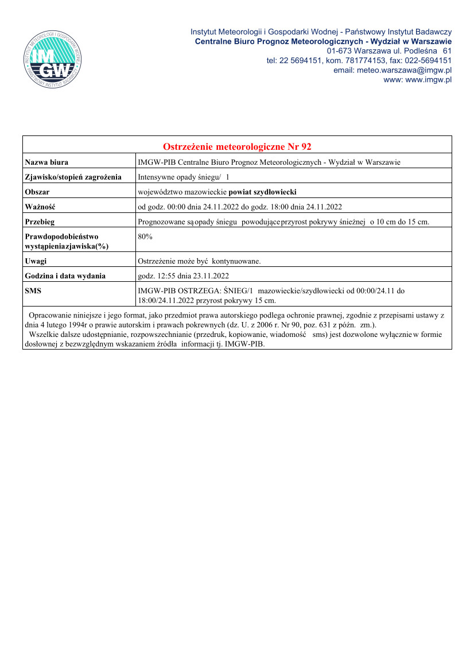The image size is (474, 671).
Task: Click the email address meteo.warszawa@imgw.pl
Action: click(393, 70)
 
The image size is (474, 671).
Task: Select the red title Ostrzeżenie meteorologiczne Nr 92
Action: click(237, 146)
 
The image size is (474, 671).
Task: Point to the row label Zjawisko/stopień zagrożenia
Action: click(73, 177)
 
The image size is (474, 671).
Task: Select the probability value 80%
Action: click(145, 236)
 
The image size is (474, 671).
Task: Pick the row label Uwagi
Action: click(36, 261)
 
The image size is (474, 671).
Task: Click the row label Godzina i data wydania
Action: click(65, 276)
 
